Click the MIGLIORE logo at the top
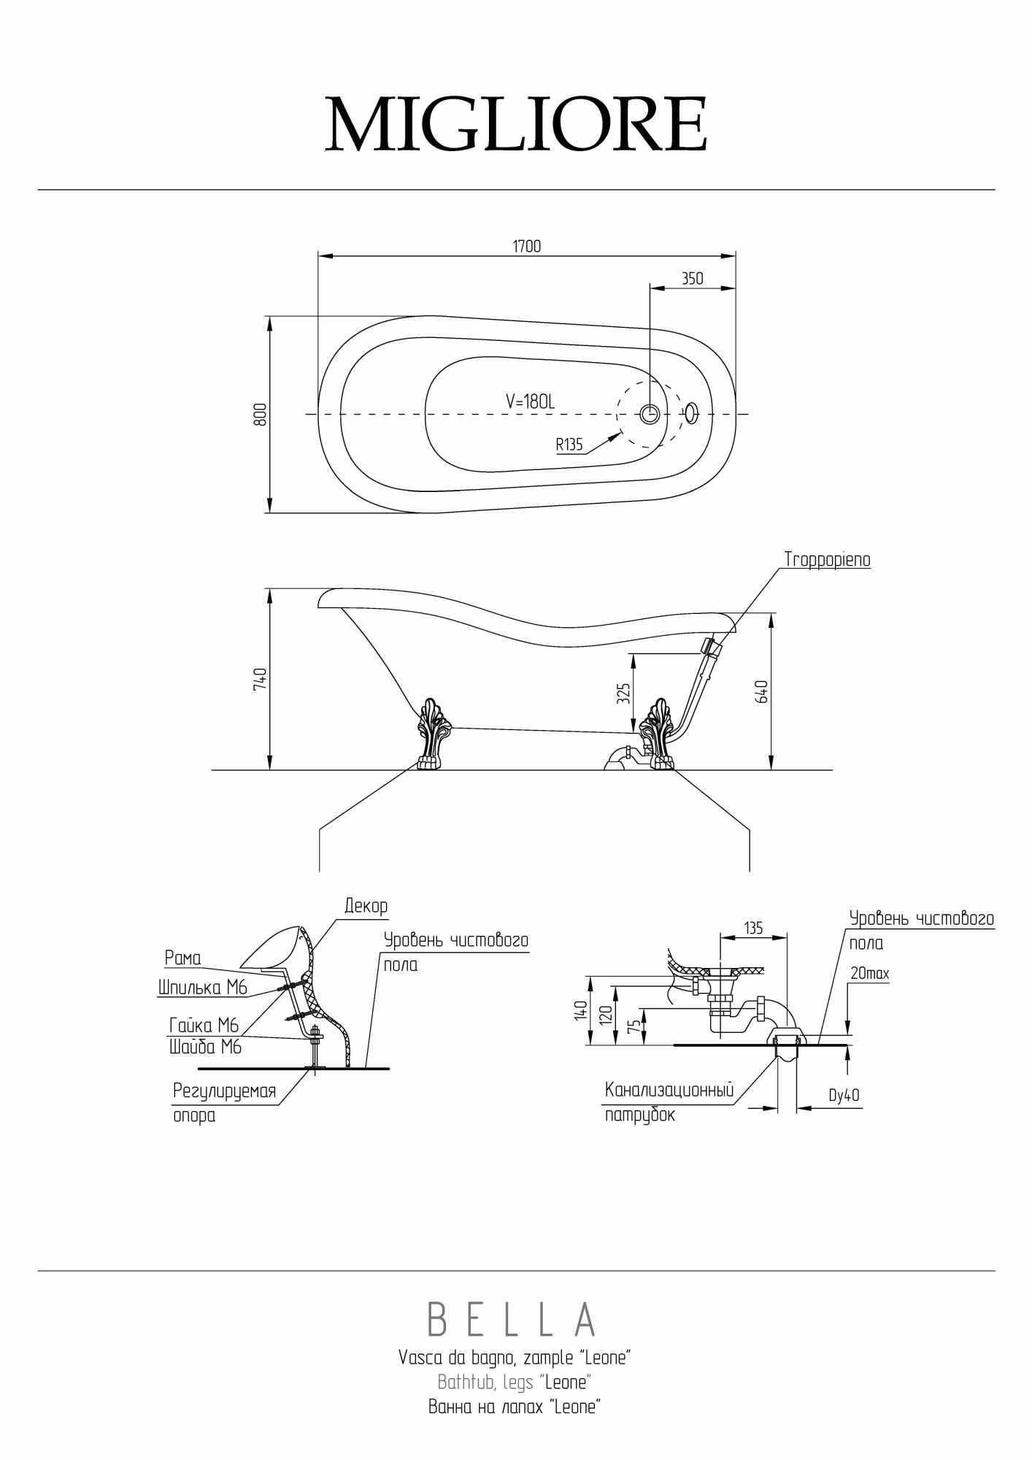[516, 124]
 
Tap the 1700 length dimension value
[526, 246]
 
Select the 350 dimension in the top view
[692, 278]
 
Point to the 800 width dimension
[260, 414]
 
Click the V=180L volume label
[531, 401]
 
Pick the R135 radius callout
[569, 445]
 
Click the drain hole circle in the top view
[650, 414]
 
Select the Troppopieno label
[827, 559]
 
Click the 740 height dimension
[260, 679]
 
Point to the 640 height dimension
[762, 691]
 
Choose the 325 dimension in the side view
[623, 693]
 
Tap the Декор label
[366, 906]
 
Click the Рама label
[182, 958]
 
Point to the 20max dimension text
[870, 973]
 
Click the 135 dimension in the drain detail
[753, 928]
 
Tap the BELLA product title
[513, 1318]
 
